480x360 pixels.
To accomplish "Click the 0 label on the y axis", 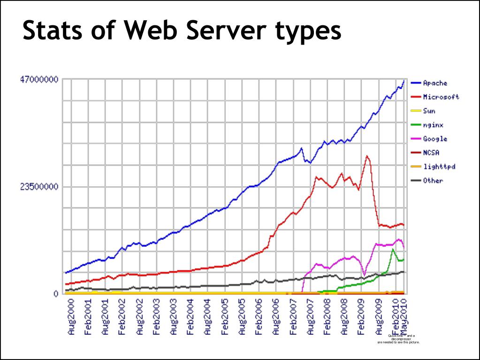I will point(55,294).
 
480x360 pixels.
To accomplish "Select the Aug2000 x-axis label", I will point(71,317).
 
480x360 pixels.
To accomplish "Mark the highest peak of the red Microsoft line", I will point(367,156).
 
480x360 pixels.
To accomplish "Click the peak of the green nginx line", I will point(393,249).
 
